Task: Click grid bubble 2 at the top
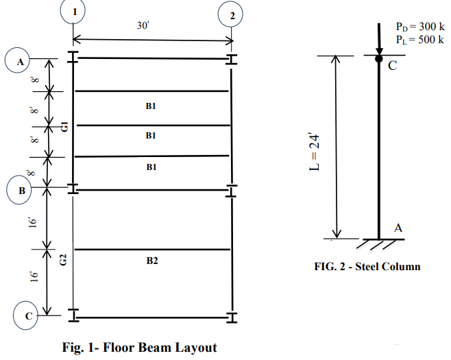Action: pyautogui.click(x=230, y=14)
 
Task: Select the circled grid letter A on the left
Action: pyautogui.click(x=17, y=61)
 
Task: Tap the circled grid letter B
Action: pyautogui.click(x=19, y=190)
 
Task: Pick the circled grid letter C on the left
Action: pyautogui.click(x=26, y=315)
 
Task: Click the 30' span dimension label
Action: pyautogui.click(x=143, y=25)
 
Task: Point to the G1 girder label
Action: pyautogui.click(x=65, y=126)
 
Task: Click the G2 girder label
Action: pyautogui.click(x=63, y=260)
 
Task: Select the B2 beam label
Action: pyautogui.click(x=152, y=261)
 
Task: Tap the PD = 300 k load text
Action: pyautogui.click(x=420, y=27)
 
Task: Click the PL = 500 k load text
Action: pyautogui.click(x=419, y=39)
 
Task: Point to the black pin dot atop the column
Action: pyautogui.click(x=379, y=59)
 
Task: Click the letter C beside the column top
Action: pyautogui.click(x=392, y=66)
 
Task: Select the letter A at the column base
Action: pyautogui.click(x=398, y=228)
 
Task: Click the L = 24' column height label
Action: pyautogui.click(x=314, y=152)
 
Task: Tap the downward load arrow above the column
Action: pyautogui.click(x=379, y=39)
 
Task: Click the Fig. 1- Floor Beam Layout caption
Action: pyautogui.click(x=140, y=347)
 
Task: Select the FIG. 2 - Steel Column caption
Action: pyautogui.click(x=367, y=267)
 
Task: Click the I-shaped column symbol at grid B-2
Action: pyautogui.click(x=231, y=191)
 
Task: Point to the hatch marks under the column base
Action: pyautogui.click(x=376, y=245)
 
